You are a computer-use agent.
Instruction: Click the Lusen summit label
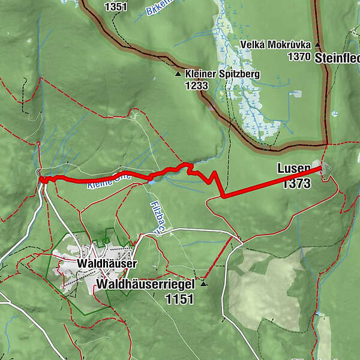click(x=294, y=169)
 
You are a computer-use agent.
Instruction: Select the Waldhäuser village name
click(x=107, y=263)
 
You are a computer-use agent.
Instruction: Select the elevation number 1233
click(x=197, y=86)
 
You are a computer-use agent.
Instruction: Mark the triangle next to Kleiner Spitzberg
click(x=178, y=75)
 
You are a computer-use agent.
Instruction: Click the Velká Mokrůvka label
click(x=275, y=45)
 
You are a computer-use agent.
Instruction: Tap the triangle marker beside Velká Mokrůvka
click(x=318, y=46)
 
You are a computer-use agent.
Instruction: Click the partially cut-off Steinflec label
click(x=337, y=58)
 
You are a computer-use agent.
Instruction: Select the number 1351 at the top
click(x=115, y=7)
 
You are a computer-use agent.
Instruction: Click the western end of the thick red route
click(x=41, y=178)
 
